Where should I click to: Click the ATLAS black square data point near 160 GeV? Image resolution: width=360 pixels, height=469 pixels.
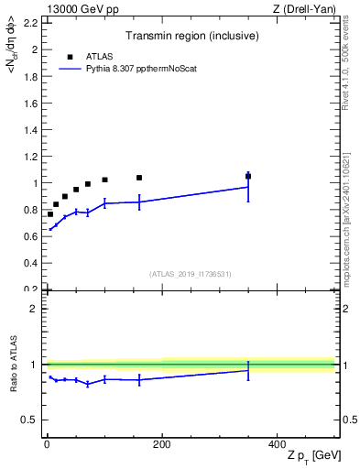pos(139,178)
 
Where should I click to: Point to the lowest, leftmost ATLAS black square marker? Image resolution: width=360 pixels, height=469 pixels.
pos(50,214)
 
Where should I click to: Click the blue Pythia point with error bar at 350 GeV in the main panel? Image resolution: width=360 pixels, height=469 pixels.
pos(248,187)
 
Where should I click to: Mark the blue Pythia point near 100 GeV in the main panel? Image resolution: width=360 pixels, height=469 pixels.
pos(105,203)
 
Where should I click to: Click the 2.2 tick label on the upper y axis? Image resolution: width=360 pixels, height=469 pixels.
pos(32,24)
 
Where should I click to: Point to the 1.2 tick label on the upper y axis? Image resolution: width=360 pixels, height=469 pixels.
pos(32,157)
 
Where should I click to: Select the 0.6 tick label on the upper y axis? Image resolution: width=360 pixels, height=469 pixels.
pos(32,236)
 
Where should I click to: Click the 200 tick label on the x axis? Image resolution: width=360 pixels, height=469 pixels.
pos(161,444)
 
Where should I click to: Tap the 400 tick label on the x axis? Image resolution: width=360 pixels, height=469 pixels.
pos(277,444)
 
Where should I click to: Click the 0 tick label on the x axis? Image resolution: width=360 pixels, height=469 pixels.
pos(47,444)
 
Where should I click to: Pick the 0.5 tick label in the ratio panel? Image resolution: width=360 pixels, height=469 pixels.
pos(32,420)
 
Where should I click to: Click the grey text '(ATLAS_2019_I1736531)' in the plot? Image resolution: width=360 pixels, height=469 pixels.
pos(191,273)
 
